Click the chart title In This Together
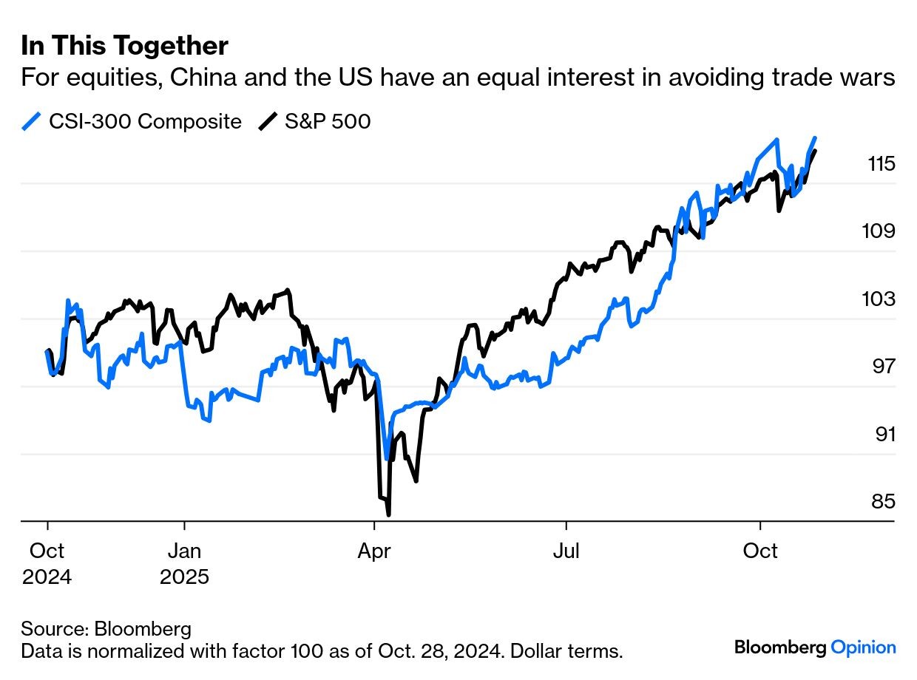[x=124, y=47]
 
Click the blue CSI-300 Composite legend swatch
[x=31, y=121]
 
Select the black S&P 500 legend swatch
[x=267, y=121]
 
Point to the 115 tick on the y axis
[x=882, y=163]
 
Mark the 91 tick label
[x=884, y=434]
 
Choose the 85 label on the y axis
[x=883, y=502]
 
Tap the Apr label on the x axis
[x=374, y=551]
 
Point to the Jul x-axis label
[x=566, y=551]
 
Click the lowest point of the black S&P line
[x=388, y=514]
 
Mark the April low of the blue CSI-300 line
[x=386, y=459]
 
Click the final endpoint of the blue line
[x=815, y=137]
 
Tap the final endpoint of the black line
[x=815, y=151]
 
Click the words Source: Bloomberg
[x=106, y=629]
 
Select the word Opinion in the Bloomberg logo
[x=864, y=647]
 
